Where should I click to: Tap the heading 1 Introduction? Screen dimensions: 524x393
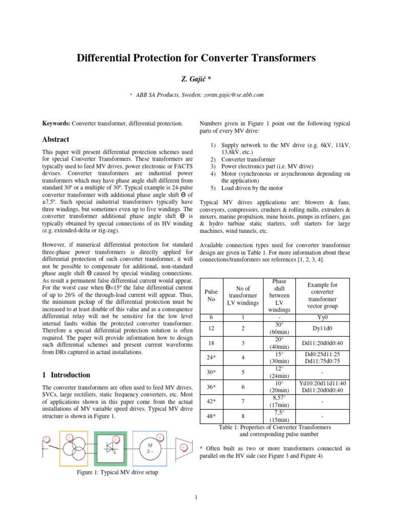click(66, 375)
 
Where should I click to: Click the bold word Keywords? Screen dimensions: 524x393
click(56, 123)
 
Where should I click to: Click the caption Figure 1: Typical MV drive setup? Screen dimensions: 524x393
click(116, 472)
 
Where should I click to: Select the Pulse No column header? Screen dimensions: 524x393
click(211, 295)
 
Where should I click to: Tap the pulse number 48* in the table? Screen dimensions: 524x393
click(211, 417)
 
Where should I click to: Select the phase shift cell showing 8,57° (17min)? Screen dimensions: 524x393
click(279, 401)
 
